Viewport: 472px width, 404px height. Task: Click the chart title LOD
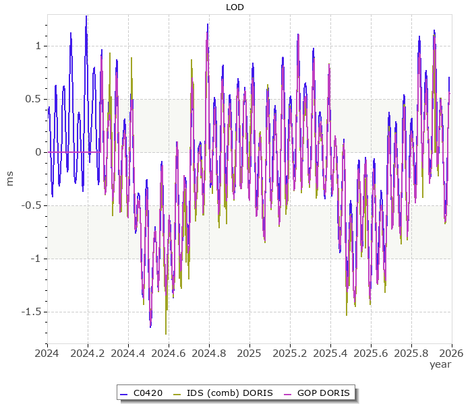click(235, 7)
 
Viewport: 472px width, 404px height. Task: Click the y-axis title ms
click(9, 178)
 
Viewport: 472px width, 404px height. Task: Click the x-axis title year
click(440, 364)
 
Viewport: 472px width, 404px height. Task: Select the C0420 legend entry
click(148, 393)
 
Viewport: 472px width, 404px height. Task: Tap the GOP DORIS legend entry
click(322, 393)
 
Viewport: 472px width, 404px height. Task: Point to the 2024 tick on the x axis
click(47, 352)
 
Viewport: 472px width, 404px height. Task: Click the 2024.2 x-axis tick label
click(88, 352)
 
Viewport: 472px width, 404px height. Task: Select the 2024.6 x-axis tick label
click(169, 352)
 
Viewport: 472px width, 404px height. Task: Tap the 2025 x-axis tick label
click(249, 352)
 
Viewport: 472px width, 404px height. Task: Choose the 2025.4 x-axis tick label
click(330, 352)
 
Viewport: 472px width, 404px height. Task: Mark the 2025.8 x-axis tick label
click(411, 352)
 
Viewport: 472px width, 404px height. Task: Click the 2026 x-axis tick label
click(451, 352)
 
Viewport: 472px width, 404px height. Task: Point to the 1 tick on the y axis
click(37, 46)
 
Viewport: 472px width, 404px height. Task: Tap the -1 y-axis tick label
click(35, 259)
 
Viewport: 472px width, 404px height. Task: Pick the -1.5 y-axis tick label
click(30, 312)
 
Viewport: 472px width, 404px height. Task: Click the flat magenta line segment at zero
click(74, 152)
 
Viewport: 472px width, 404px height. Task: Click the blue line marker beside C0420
click(123, 393)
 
